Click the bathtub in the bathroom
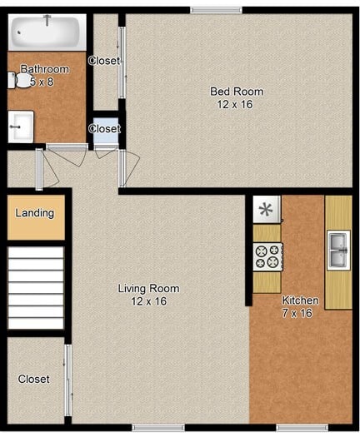tap(47, 32)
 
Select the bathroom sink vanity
tap(21, 127)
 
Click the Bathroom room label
tap(44, 69)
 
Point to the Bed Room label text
tap(236, 92)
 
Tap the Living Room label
tap(148, 289)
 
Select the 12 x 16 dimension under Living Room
tap(148, 301)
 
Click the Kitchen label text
tap(300, 300)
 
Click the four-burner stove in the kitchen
tap(267, 256)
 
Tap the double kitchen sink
tap(338, 250)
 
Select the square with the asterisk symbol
tap(267, 209)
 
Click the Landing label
tap(35, 213)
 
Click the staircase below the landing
tap(35, 287)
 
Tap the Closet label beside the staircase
tap(34, 379)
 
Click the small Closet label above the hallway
tap(104, 129)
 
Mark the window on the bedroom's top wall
tap(216, 10)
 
